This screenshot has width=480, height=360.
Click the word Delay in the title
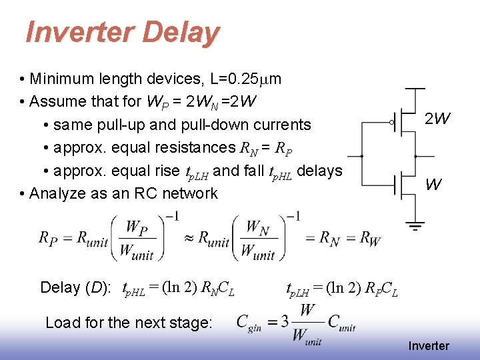(x=181, y=32)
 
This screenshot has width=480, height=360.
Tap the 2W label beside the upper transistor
(x=438, y=119)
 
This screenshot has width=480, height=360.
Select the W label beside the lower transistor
(x=433, y=185)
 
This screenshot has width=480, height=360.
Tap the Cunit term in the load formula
(x=341, y=323)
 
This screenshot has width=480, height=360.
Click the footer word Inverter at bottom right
(x=429, y=346)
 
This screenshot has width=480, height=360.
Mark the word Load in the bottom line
(x=59, y=323)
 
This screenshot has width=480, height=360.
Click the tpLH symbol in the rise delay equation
(x=297, y=289)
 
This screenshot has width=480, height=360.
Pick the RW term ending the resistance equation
(x=369, y=238)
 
